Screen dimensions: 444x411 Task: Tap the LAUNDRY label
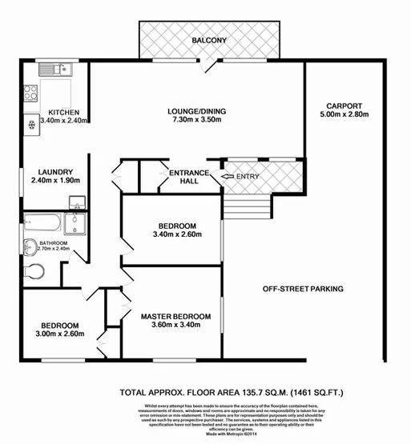(56, 171)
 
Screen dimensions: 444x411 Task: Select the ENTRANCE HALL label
(187, 177)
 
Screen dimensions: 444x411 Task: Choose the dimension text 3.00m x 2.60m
(60, 336)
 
